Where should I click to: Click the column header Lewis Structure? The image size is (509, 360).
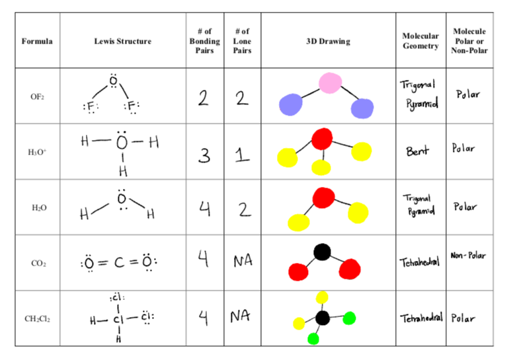(122, 41)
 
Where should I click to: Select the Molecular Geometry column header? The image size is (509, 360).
(420, 41)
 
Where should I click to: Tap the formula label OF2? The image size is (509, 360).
(37, 96)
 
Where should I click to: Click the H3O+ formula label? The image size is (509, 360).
(37, 153)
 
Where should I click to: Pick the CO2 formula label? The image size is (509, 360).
(37, 264)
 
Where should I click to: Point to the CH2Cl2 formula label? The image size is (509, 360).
(37, 319)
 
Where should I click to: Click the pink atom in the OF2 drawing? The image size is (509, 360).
(329, 83)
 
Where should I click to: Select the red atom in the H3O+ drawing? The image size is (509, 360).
(322, 139)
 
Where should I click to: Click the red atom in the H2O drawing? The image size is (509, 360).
(324, 197)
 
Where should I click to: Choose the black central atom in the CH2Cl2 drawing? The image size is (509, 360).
(323, 318)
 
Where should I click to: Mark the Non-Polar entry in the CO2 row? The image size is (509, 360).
(468, 255)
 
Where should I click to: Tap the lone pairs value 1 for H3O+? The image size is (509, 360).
(242, 155)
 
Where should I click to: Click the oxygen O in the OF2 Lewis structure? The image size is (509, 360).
(114, 82)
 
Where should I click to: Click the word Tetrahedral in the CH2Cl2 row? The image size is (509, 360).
(420, 318)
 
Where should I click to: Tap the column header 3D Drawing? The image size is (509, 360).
(328, 41)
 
